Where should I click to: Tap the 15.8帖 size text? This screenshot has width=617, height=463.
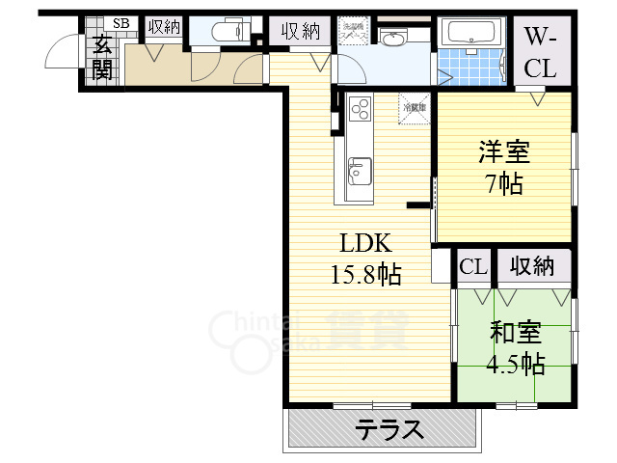coord(365,274)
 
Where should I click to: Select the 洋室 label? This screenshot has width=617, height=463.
coord(504,153)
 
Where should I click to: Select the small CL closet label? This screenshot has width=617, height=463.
coord(472,266)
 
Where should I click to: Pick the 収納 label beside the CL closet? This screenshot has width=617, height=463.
coord(533,266)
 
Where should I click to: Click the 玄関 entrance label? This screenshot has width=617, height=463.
coord(102,56)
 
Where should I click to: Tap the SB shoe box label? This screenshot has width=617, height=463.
coord(121,24)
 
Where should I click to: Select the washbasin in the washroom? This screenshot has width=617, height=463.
coord(392,39)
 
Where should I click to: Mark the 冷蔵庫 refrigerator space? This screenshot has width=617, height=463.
coord(414,107)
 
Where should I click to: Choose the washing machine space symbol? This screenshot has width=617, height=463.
coord(354,31)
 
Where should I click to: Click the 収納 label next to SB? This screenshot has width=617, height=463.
coord(164,27)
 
